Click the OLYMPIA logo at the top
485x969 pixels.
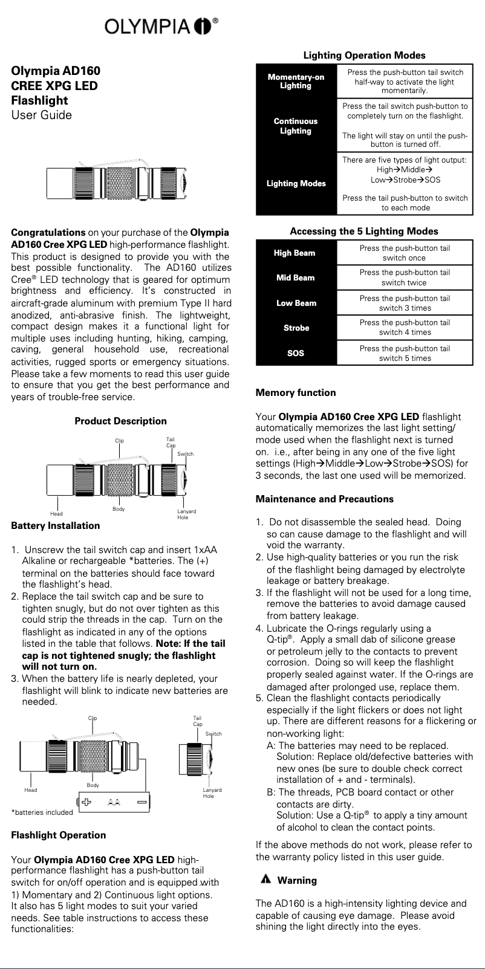click(x=160, y=26)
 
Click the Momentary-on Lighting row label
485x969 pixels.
click(x=296, y=81)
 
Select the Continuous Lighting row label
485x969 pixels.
click(x=296, y=126)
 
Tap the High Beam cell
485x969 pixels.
click(x=296, y=253)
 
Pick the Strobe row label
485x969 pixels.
click(x=296, y=328)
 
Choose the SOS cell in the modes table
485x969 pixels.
click(x=296, y=353)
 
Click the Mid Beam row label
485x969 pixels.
click(x=296, y=277)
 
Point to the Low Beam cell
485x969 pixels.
click(x=296, y=303)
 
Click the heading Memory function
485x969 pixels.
click(x=296, y=393)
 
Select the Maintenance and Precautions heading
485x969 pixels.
click(x=324, y=499)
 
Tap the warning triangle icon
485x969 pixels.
click(x=265, y=880)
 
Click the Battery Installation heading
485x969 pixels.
click(x=56, y=526)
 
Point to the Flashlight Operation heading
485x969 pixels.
click(x=59, y=835)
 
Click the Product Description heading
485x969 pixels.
click(x=120, y=421)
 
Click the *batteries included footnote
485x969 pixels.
click(x=42, y=812)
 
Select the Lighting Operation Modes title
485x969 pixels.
click(x=364, y=56)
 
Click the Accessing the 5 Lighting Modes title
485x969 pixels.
click(x=364, y=232)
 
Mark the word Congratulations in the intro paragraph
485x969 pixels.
click(x=48, y=233)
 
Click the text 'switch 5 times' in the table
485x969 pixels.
click(x=405, y=358)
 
